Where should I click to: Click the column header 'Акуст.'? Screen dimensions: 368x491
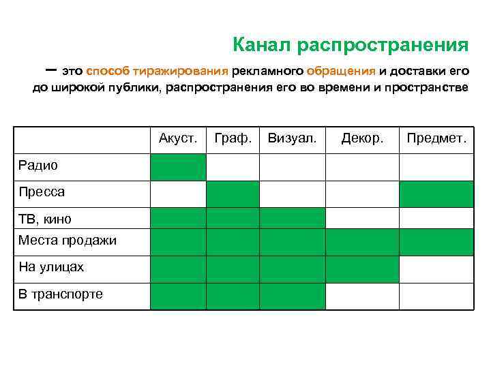(178, 139)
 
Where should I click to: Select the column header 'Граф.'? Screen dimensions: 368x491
(233, 139)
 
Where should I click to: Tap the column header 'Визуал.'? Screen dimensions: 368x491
(292, 139)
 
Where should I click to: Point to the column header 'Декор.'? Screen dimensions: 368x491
(362, 139)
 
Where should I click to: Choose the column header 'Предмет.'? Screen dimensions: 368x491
(436, 139)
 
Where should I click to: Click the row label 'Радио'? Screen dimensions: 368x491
(38, 166)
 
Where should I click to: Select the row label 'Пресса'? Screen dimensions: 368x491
(42, 192)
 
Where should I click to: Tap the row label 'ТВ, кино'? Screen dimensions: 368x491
(45, 219)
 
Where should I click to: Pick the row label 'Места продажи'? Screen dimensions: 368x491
(68, 241)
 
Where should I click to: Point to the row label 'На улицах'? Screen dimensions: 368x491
(51, 267)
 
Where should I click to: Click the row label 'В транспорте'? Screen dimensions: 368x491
(61, 294)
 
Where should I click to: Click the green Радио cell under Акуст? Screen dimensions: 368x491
(178, 167)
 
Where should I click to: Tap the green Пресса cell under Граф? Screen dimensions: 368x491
(233, 194)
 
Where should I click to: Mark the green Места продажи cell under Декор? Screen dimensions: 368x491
(362, 242)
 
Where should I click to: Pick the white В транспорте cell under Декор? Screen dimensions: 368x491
(362, 296)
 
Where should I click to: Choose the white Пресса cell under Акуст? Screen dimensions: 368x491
(178, 194)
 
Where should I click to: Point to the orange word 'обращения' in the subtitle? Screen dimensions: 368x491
(341, 71)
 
